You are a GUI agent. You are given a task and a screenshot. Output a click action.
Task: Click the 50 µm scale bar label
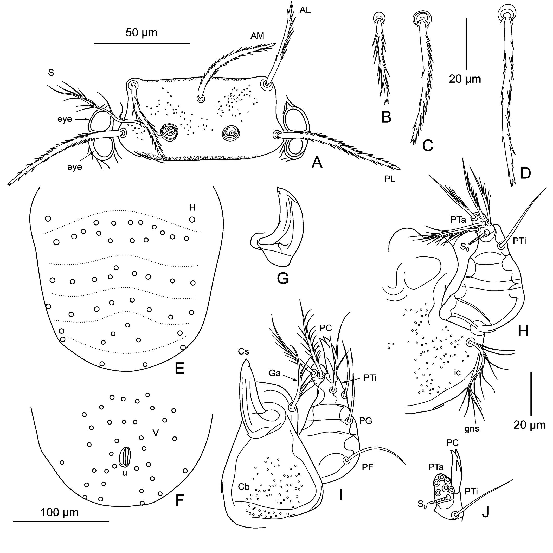(142, 33)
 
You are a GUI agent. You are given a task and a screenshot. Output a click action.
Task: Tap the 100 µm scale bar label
(60, 512)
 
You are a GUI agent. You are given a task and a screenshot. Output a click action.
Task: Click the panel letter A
(317, 163)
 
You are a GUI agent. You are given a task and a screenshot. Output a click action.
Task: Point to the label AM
(257, 36)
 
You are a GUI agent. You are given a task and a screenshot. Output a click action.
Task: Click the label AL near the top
(305, 10)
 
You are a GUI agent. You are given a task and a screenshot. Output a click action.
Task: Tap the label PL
(390, 179)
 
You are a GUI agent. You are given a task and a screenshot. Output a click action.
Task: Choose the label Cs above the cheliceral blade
(243, 351)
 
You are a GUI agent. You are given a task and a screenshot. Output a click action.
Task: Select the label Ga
(275, 373)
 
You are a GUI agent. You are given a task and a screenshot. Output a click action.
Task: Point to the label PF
(368, 467)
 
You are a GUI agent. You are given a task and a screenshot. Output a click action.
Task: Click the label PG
(365, 421)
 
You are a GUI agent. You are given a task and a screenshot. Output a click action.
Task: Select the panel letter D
(525, 173)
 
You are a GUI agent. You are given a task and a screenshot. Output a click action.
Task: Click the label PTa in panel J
(436, 467)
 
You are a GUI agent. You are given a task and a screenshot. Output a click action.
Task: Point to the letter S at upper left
(51, 73)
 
